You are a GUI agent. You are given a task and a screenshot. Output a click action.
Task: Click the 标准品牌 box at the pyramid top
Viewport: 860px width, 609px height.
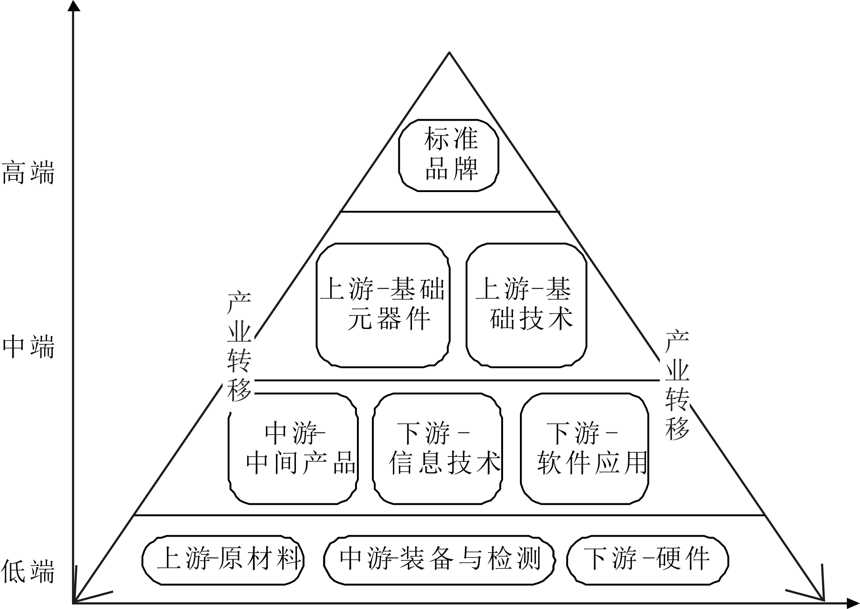[449, 155]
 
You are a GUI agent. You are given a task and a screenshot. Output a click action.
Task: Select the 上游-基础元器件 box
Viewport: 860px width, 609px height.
[383, 304]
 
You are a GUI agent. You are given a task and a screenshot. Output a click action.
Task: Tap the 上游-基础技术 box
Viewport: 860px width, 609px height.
[526, 304]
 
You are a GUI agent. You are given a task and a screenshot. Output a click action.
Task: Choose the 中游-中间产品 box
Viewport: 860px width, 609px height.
[293, 448]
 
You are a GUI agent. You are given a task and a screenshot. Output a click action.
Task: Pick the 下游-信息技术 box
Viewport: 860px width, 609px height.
[438, 448]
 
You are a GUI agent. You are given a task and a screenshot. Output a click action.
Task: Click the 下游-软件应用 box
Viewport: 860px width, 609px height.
[585, 448]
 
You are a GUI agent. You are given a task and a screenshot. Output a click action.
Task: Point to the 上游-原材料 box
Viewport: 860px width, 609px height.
[223, 559]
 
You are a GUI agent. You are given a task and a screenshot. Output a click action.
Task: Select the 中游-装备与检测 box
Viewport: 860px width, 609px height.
[439, 559]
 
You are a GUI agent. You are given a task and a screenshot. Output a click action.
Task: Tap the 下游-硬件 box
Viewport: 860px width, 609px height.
[647, 559]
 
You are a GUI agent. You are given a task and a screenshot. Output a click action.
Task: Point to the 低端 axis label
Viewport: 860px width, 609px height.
[28, 572]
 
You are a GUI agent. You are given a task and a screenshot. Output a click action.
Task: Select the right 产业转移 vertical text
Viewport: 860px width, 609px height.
[677, 385]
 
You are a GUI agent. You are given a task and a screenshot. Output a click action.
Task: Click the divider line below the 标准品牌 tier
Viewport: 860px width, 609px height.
[449, 212]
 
